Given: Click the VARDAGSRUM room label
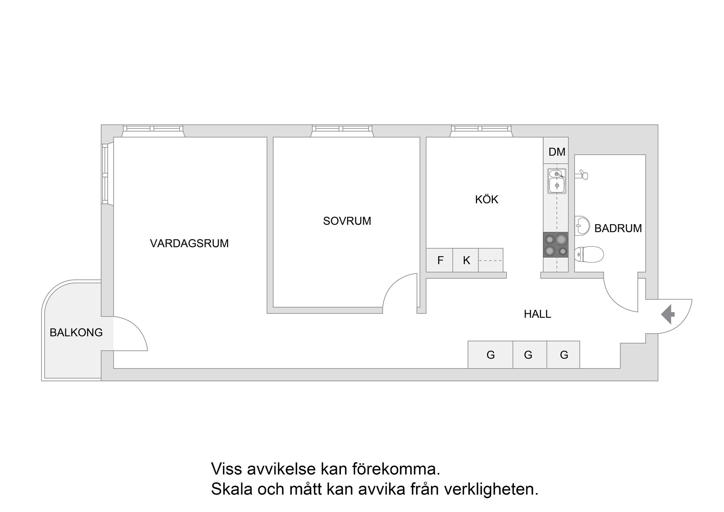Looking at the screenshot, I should pyautogui.click(x=189, y=243).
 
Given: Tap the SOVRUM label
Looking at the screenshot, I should pyautogui.click(x=347, y=221).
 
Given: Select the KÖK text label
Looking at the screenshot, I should pyautogui.click(x=486, y=199).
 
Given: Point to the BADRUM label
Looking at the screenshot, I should pyautogui.click(x=618, y=228).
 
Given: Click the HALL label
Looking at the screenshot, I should pyautogui.click(x=537, y=314).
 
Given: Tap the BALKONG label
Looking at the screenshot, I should pyautogui.click(x=76, y=332).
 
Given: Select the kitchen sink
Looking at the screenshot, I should pyautogui.click(x=557, y=181).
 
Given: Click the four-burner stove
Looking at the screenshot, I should pyautogui.click(x=555, y=244).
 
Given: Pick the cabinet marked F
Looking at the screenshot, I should pyautogui.click(x=440, y=260).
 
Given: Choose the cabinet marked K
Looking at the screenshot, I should pyautogui.click(x=466, y=260).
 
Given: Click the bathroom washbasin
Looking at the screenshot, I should pyautogui.click(x=582, y=226).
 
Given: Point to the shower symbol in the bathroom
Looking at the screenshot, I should pyautogui.click(x=582, y=175).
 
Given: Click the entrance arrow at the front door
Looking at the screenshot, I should pyautogui.click(x=668, y=314).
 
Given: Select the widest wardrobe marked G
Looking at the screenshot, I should pyautogui.click(x=490, y=355).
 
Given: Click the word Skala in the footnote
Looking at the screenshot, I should pyautogui.click(x=232, y=489).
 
